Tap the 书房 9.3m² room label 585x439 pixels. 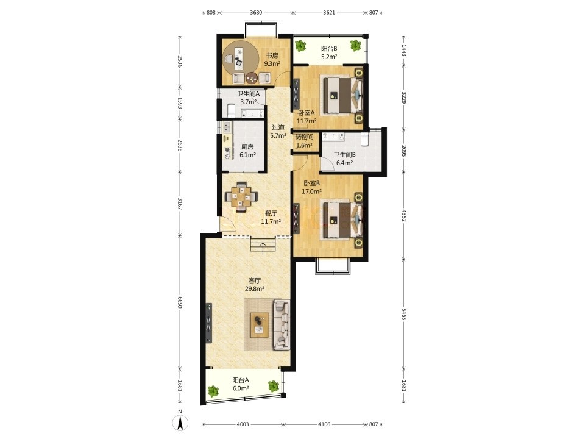(272, 59)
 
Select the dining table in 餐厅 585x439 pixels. (242, 196)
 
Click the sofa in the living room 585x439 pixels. (282, 324)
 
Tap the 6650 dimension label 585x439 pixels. (180, 302)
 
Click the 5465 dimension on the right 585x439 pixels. (403, 314)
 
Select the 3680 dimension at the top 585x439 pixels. (255, 12)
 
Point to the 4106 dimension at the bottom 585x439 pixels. (324, 424)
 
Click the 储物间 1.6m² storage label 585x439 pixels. (305, 141)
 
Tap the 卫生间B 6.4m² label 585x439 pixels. (344, 159)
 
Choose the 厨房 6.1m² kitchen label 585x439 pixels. (247, 151)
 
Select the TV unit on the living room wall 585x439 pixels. (209, 323)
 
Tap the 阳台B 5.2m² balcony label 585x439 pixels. (330, 52)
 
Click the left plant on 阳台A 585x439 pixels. (213, 391)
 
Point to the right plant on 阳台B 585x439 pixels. (355, 45)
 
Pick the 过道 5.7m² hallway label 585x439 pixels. (278, 132)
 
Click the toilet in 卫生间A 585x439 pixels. (231, 110)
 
